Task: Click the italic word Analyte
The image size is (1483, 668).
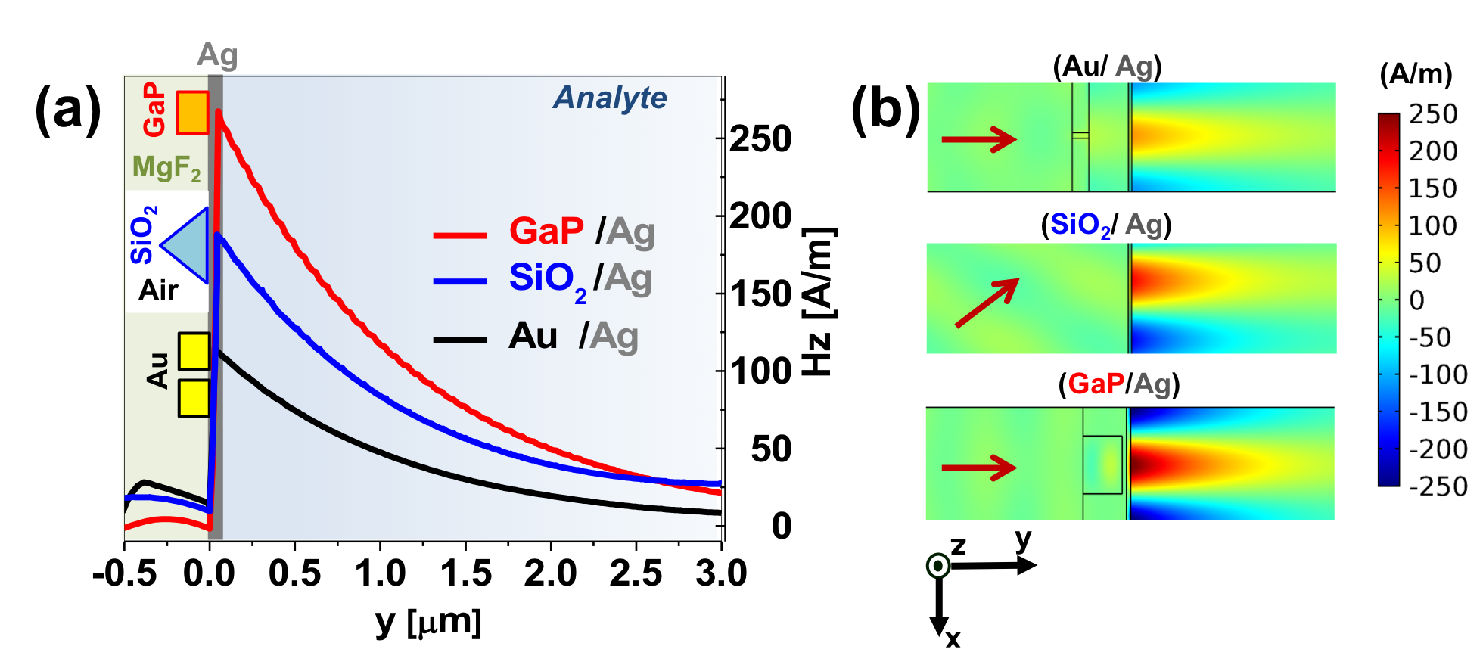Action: (x=610, y=98)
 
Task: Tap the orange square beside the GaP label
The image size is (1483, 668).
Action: (x=192, y=113)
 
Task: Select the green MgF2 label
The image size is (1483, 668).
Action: (x=166, y=167)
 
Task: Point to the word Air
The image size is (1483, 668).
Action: (x=158, y=290)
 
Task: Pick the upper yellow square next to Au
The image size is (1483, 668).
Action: (x=194, y=351)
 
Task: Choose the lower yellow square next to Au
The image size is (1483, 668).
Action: (x=194, y=398)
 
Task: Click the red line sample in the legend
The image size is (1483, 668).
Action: (x=459, y=235)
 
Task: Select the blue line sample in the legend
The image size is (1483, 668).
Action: (x=459, y=281)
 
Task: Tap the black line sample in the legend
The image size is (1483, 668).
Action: (x=459, y=340)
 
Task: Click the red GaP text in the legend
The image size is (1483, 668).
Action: (x=546, y=231)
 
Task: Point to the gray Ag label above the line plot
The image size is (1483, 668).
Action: (x=217, y=55)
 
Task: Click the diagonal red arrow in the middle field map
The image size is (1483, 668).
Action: (x=987, y=303)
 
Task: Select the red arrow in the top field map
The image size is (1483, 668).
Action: (x=978, y=139)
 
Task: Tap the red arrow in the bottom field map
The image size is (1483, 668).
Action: (x=978, y=468)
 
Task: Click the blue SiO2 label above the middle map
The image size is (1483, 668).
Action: (x=1080, y=225)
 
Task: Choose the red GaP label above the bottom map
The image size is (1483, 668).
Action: (x=1096, y=384)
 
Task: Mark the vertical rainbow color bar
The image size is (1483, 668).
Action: (x=1388, y=300)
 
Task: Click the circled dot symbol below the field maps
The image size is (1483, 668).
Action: (x=938, y=566)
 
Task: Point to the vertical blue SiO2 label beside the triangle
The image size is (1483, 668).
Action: (x=143, y=235)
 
